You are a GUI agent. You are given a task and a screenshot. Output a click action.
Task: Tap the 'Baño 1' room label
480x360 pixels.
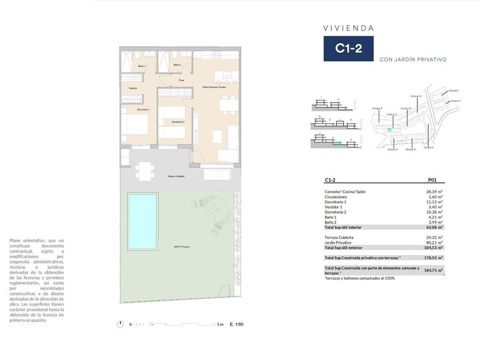pos(141,66)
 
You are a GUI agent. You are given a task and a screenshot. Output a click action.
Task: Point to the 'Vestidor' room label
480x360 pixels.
pos(132,88)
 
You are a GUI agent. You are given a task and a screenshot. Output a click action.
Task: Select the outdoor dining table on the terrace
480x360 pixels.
pos(144,169)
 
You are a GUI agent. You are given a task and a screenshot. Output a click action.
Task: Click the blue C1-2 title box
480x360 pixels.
pos(348,48)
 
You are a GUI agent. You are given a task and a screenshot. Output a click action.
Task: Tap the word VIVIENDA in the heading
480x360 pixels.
pos(348,28)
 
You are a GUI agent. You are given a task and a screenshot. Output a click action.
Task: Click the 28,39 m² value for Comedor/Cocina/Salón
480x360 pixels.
pos(434,192)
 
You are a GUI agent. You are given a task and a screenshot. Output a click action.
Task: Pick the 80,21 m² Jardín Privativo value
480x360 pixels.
pos(434,243)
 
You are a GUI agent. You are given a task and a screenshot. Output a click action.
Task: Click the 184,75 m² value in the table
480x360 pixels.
pos(434,270)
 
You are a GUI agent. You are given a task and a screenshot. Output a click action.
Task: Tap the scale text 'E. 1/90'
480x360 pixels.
pos(237,324)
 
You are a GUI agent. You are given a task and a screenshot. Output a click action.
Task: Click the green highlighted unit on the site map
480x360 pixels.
pos(389,129)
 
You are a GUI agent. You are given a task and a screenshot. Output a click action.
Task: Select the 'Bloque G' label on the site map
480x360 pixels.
pos(416,96)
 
